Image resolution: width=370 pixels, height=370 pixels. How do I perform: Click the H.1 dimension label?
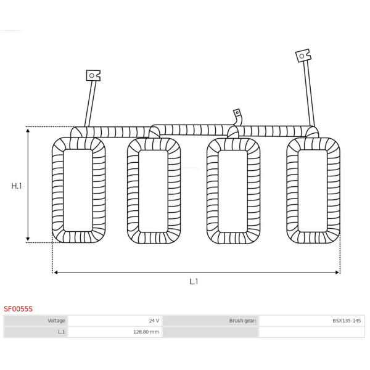[17, 186]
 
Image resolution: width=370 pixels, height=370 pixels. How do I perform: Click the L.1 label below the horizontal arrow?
[194, 282]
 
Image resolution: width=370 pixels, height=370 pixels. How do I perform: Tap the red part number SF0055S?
[18, 309]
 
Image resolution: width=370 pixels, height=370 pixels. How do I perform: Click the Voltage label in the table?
[56, 321]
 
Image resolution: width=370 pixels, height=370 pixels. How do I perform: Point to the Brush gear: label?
[242, 321]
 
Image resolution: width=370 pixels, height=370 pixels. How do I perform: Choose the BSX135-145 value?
[347, 321]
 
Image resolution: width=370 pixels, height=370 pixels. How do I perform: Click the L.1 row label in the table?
[61, 332]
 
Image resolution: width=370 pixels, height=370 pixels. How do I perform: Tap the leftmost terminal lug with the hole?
[93, 75]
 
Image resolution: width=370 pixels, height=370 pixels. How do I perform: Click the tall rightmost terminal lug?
[303, 55]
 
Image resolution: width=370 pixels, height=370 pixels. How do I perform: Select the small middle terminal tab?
[237, 113]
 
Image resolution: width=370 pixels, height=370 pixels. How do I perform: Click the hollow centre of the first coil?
[78, 191]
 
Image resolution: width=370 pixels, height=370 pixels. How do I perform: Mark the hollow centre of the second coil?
[153, 191]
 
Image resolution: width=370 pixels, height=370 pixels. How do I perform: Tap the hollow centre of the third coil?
[232, 191]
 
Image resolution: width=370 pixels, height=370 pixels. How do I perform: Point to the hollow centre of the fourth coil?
[313, 191]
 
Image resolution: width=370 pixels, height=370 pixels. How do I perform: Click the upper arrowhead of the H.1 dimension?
[28, 131]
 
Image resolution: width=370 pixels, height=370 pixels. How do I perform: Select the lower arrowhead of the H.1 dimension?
[28, 238]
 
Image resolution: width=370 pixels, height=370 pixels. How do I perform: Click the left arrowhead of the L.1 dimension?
[56, 273]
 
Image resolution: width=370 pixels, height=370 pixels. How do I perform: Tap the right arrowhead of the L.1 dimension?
[337, 273]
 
